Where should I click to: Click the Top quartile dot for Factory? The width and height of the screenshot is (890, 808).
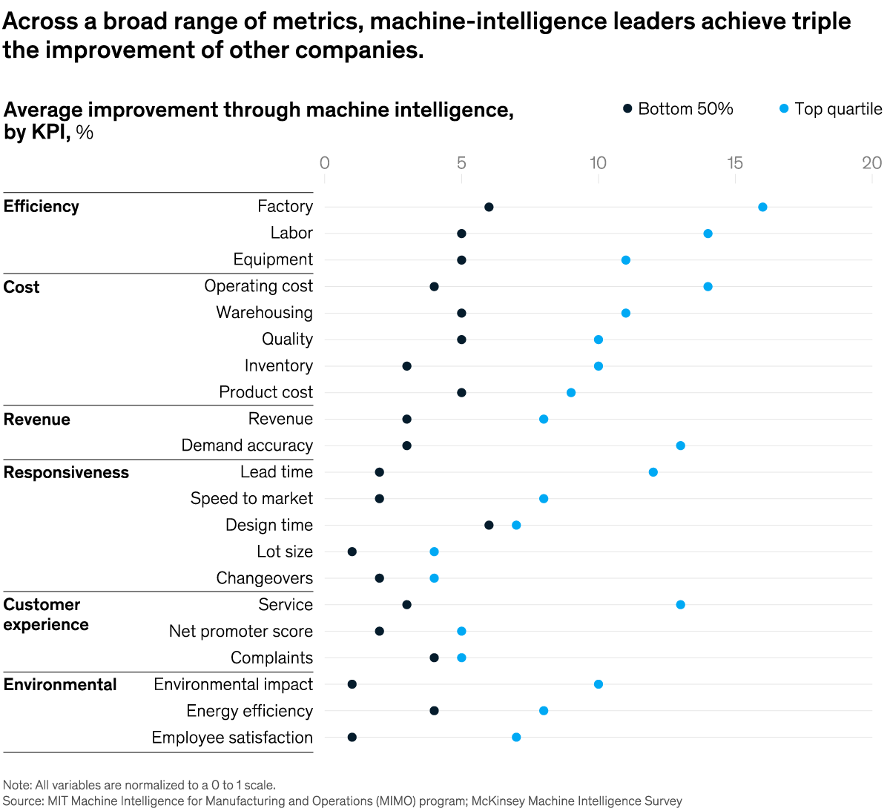coord(762,207)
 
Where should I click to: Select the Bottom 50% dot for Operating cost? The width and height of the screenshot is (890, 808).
coord(434,287)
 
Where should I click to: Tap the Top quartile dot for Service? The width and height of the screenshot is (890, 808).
coord(680,605)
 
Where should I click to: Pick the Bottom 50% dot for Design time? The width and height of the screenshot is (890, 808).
coord(489,525)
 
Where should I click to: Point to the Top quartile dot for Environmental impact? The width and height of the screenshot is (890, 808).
coord(599,684)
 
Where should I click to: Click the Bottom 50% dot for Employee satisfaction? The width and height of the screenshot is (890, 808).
coord(352,737)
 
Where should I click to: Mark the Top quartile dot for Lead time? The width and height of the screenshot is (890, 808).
coord(653,472)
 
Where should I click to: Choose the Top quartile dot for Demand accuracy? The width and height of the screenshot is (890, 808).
coord(680,446)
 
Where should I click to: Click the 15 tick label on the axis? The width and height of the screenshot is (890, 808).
coord(735,163)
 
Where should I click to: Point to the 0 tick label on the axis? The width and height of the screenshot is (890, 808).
coord(324,163)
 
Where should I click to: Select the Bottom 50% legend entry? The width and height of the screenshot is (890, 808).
coord(679,109)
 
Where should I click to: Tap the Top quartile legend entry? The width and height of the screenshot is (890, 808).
coord(831,109)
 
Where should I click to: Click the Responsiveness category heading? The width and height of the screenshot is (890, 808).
coord(66,473)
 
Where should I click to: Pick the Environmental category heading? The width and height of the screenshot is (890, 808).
coord(60,685)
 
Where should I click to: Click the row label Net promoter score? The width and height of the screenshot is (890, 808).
coord(241,632)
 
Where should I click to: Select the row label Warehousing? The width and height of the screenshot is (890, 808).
coord(265,313)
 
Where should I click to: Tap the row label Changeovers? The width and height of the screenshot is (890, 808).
coord(265,578)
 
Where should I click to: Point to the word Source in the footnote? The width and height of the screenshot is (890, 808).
coord(22,801)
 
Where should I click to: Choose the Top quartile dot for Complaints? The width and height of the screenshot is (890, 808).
coord(461,658)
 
